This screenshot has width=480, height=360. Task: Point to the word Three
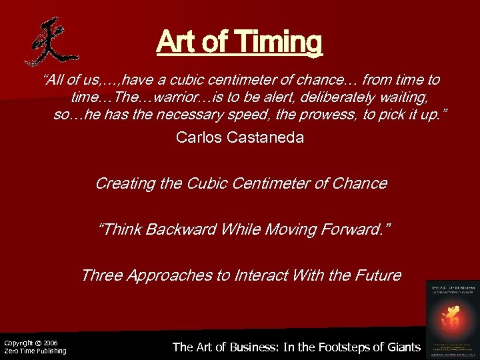click(101, 275)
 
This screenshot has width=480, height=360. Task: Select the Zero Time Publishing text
click(35, 351)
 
